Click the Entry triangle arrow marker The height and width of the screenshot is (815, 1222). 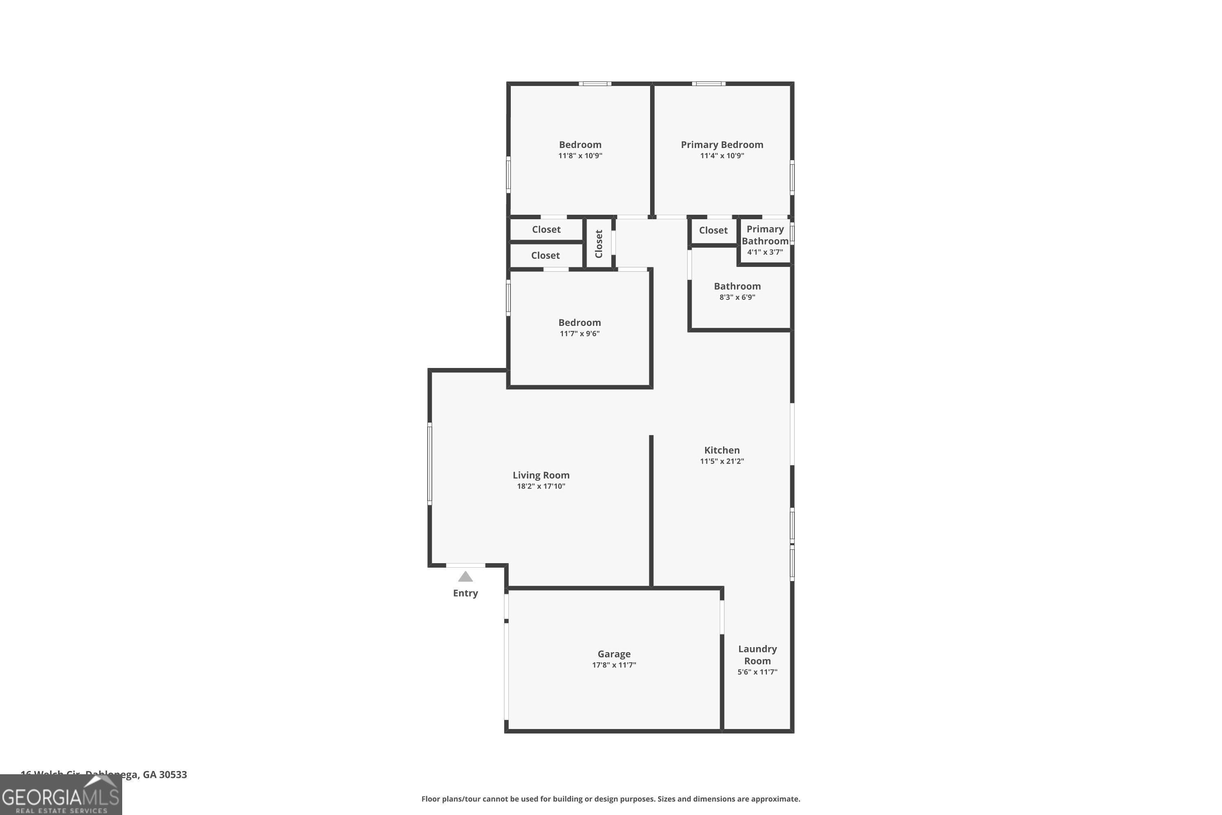coord(465,577)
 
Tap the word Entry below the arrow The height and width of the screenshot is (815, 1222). coord(465,593)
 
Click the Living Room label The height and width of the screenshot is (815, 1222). coord(541,475)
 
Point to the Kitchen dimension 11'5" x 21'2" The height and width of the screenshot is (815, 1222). coord(722,461)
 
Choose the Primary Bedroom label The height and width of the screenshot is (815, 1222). coord(722,145)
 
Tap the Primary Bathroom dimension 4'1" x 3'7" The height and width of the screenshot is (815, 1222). coord(765,252)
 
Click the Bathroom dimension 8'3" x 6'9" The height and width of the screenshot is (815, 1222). coord(737,297)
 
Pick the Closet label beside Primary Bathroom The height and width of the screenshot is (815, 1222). coord(713,230)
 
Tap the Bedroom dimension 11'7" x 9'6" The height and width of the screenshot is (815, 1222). coord(579,334)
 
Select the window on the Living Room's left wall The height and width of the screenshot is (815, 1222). coord(430,464)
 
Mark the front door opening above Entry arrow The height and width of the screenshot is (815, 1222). coord(466,565)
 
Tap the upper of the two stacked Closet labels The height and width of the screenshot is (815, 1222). coord(546,229)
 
